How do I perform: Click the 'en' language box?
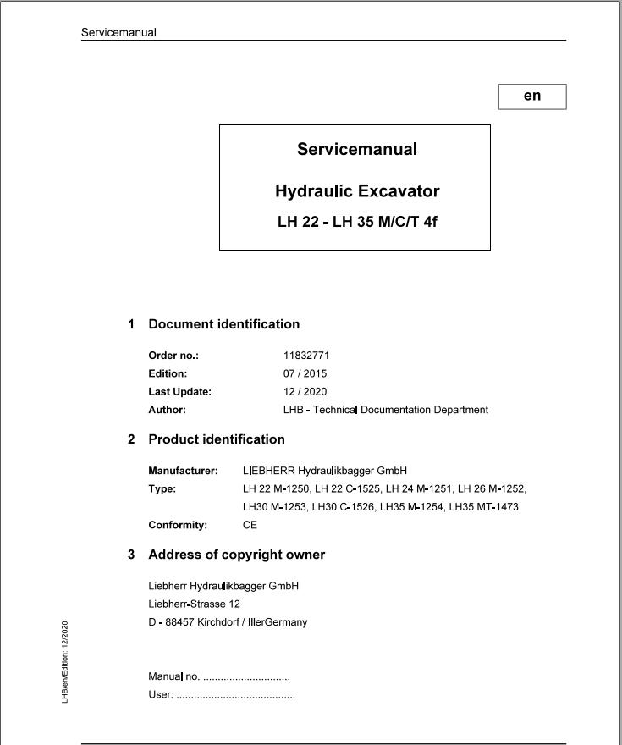coord(532,97)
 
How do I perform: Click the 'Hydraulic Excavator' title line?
coord(357,191)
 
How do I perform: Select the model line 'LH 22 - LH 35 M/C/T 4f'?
coord(357,223)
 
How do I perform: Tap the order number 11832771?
coord(306,356)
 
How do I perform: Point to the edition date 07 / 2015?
coord(305,373)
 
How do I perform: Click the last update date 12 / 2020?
coord(305,392)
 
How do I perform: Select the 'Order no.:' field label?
coord(173,356)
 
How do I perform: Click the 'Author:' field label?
coord(167,410)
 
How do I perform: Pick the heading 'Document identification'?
coord(223,324)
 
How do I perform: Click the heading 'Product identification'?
coord(217,439)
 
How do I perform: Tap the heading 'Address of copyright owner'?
coord(236,555)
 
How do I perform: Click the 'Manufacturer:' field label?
coord(183,471)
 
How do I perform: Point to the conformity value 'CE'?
coord(250,525)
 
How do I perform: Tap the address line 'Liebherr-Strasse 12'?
coord(194,604)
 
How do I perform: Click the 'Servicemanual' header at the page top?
coord(118,33)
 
